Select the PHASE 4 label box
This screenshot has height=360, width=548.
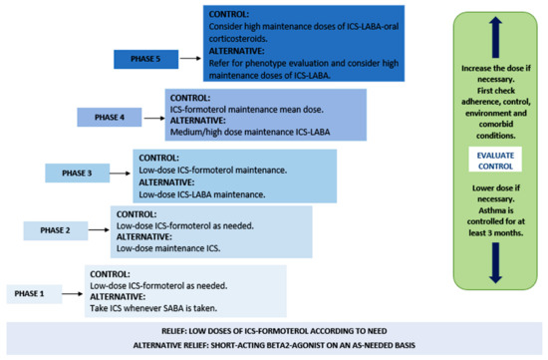110,117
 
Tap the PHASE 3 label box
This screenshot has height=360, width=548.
76,173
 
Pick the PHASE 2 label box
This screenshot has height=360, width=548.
54,230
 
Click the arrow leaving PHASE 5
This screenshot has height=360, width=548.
188,59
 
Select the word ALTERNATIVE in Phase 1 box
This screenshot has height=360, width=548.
119,296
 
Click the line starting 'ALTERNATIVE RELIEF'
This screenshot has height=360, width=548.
273,344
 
